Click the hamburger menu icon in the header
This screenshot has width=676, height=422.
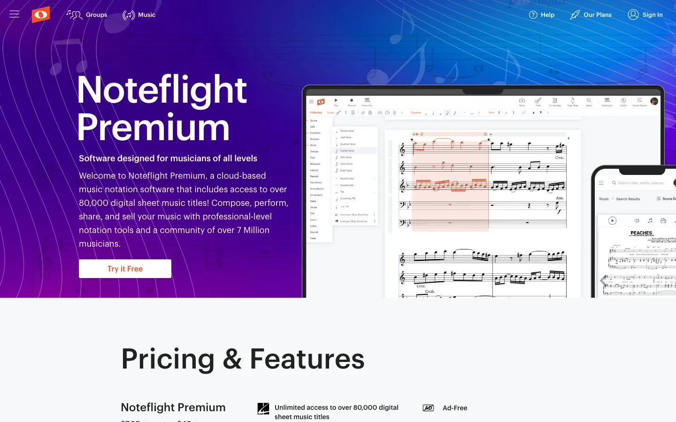click(15, 14)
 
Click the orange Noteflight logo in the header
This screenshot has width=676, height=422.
click(41, 15)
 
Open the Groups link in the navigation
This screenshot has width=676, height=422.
click(87, 15)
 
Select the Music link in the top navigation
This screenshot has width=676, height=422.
click(139, 15)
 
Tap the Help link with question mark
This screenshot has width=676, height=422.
click(542, 15)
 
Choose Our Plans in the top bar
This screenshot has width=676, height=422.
click(591, 15)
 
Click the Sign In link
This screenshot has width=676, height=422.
click(645, 15)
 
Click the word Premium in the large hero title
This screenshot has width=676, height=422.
click(154, 127)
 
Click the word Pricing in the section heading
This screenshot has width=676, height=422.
click(168, 359)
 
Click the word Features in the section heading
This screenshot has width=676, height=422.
click(307, 359)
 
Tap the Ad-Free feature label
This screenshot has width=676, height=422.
click(455, 408)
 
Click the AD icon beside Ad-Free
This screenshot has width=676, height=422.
click(428, 408)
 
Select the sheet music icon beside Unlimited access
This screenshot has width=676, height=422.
click(263, 408)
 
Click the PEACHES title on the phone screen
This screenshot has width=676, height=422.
click(641, 233)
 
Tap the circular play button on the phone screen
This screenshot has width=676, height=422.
click(612, 220)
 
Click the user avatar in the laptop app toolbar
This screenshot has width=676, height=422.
click(654, 101)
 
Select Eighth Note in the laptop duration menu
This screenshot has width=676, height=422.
click(347, 151)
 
